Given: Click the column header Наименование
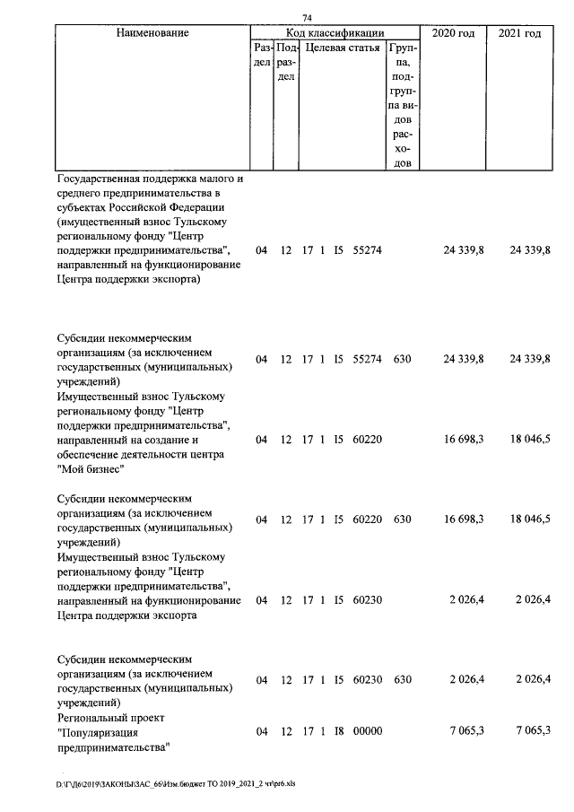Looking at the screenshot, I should [x=152, y=33].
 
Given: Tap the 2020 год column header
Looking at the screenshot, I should [x=454, y=33].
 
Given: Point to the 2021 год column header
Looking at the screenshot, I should [x=519, y=33].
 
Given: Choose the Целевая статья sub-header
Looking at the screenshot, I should [x=340, y=47].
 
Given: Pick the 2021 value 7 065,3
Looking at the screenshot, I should [x=530, y=731].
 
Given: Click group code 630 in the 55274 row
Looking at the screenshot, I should [x=402, y=359].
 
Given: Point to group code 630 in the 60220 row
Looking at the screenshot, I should [x=402, y=520].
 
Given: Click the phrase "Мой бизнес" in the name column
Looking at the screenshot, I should [x=90, y=468].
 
